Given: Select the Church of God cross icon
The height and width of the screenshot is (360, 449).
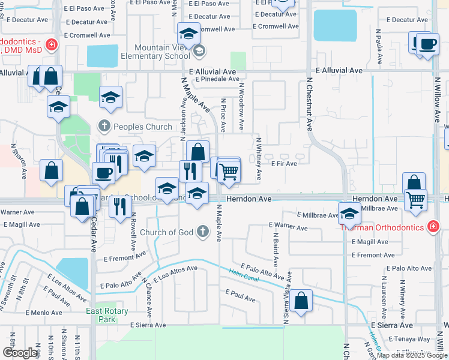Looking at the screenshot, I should pyautogui.click(x=203, y=231).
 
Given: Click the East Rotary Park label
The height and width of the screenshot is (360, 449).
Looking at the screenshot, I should pyautogui.click(x=100, y=315).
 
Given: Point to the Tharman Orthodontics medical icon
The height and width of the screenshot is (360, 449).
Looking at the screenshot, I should pyautogui.click(x=432, y=226).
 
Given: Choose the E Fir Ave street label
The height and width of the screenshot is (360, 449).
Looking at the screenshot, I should pyautogui.click(x=285, y=163).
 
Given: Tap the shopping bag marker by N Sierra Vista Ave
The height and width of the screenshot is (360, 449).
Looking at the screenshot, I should pyautogui.click(x=303, y=299).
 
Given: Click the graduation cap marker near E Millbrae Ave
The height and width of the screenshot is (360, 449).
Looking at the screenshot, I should pyautogui.click(x=349, y=212).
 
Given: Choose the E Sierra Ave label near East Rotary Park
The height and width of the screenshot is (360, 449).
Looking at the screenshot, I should pyautogui.click(x=148, y=325).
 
